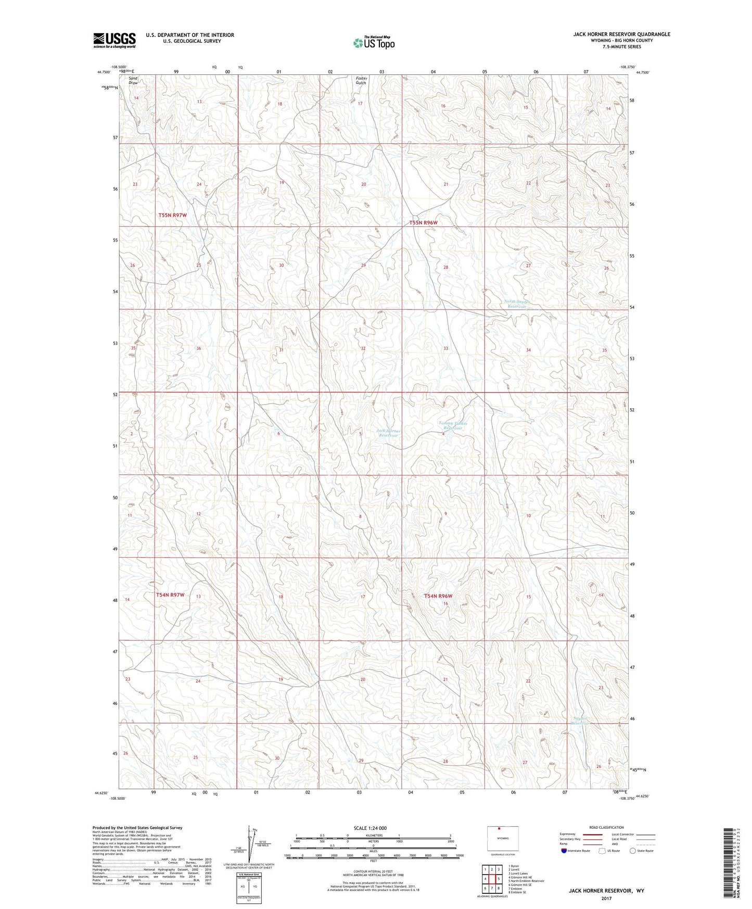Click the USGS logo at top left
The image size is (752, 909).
click(x=114, y=40)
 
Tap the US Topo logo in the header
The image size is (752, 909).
click(x=373, y=43)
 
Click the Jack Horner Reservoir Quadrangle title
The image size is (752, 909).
click(x=621, y=34)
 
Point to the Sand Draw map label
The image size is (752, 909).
click(x=134, y=80)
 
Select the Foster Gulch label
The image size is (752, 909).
click(x=361, y=80)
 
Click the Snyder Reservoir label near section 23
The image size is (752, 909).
click(x=580, y=721)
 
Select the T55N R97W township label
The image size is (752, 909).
click(x=172, y=215)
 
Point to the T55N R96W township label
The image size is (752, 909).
click(x=423, y=222)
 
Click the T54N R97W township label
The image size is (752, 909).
click(x=170, y=595)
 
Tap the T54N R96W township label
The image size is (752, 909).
click(x=438, y=596)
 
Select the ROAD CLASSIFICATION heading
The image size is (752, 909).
click(x=607, y=827)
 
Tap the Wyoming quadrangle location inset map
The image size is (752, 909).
click(x=502, y=838)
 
